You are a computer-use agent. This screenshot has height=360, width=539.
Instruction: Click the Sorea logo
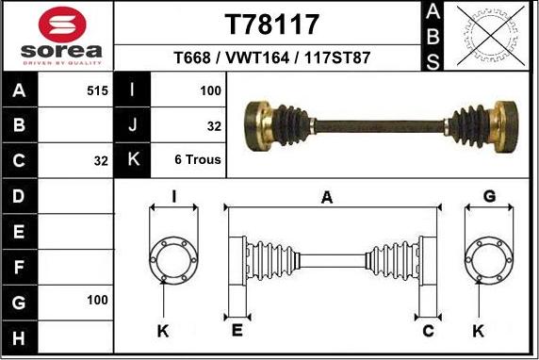[x=57, y=37]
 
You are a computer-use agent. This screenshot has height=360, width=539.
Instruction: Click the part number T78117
[x=272, y=24]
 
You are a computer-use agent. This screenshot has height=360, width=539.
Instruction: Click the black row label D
[x=20, y=196]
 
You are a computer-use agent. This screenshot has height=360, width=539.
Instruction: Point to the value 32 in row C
[x=101, y=161]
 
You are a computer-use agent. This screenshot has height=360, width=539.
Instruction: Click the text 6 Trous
[x=198, y=159]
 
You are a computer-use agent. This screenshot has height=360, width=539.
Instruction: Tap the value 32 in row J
[x=214, y=125]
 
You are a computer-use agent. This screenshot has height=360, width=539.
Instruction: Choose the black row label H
[x=20, y=335]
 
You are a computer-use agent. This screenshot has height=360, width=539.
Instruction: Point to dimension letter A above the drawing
[x=327, y=197]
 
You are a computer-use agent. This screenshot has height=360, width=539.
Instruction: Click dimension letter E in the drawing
[x=237, y=330]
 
